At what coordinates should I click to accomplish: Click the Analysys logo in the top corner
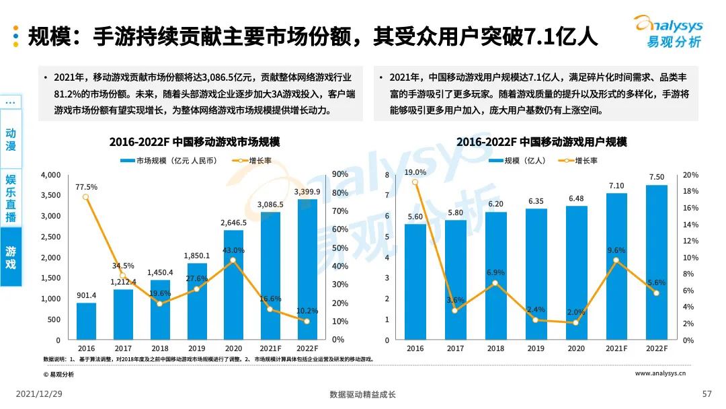(667, 32)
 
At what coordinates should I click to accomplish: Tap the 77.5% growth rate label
(86, 187)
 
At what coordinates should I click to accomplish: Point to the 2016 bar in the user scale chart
(415, 282)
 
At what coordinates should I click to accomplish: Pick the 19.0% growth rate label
(415, 172)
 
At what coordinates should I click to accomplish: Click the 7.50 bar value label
(656, 177)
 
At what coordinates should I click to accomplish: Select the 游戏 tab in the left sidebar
(11, 257)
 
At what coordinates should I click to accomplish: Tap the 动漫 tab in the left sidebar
(11, 139)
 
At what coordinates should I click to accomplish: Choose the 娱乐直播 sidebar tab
(11, 198)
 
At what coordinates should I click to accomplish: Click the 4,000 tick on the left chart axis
(50, 175)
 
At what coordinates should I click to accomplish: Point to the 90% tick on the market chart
(339, 175)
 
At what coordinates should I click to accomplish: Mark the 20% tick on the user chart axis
(690, 175)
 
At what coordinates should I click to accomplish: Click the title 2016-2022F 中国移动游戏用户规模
(541, 143)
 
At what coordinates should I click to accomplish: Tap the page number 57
(707, 394)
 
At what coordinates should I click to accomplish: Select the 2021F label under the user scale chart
(616, 348)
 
